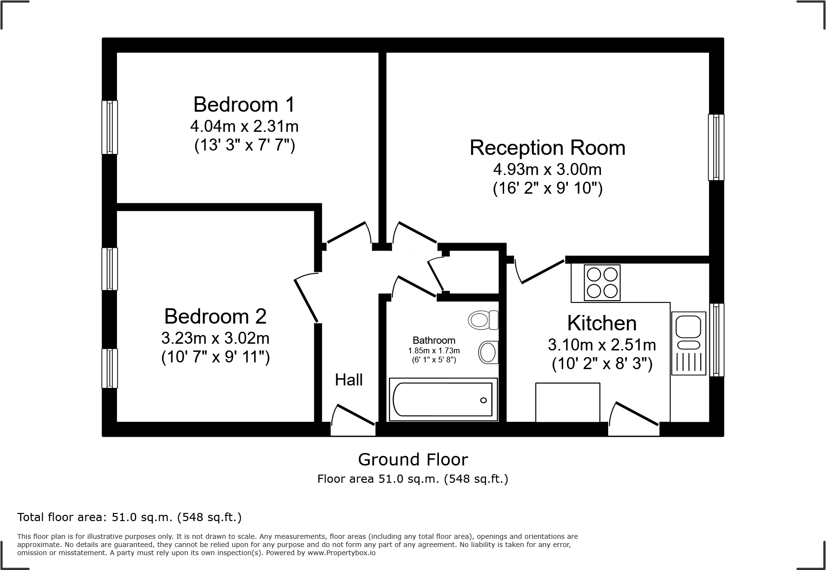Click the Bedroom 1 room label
[x=244, y=105]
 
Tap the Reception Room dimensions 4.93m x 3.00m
[x=547, y=169]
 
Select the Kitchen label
[x=602, y=323]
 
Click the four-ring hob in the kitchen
[x=602, y=283]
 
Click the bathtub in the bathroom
[x=442, y=399]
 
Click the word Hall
[x=349, y=380]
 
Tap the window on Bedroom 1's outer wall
[x=110, y=127]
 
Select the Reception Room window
[x=716, y=147]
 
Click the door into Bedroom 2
[x=306, y=297]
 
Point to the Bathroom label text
[x=434, y=340]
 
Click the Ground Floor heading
[x=413, y=460]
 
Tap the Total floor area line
[x=130, y=517]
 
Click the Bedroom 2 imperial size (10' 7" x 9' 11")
[x=215, y=357]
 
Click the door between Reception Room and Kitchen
[x=540, y=272]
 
